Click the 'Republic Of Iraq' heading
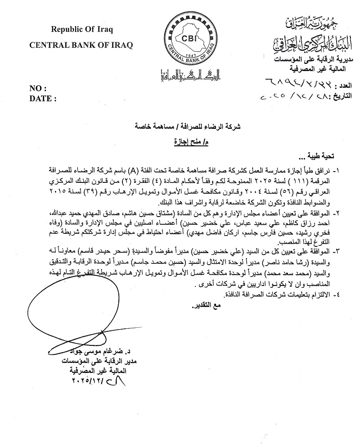(81, 30)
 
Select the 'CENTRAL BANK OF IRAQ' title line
(81, 45)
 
